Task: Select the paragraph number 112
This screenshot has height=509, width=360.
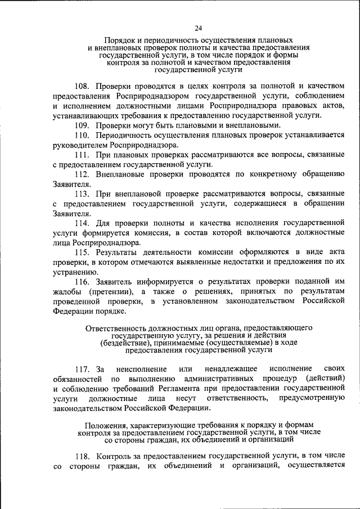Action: tap(83, 174)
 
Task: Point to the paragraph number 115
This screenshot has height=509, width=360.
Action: tap(83, 253)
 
